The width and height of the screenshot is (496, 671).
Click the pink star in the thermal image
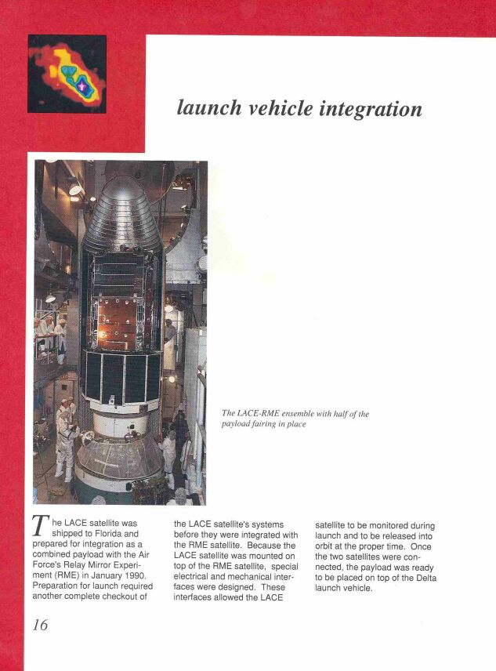81,80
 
